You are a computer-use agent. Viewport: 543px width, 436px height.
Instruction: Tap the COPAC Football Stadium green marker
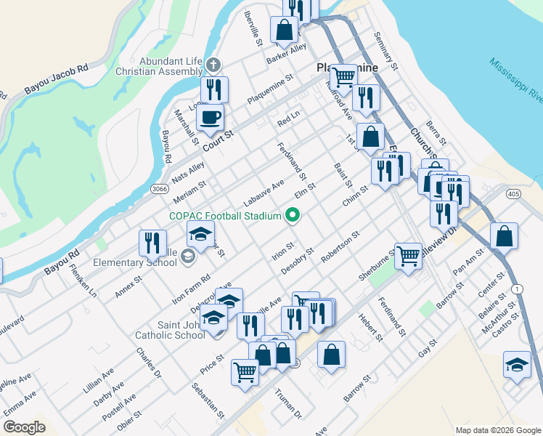293,215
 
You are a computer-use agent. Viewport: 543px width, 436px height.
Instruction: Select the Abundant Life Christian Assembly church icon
213,65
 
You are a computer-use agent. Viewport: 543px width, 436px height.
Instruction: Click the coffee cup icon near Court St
211,117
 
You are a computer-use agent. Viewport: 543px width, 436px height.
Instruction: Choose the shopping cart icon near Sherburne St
408,254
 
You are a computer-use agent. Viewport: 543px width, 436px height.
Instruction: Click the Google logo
24,427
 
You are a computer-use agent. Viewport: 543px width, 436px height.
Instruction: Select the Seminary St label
386,51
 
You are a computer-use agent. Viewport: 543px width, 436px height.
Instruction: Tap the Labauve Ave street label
263,193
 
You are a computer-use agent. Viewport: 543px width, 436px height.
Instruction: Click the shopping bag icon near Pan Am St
504,236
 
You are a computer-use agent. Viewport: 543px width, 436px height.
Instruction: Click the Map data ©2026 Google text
497,430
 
